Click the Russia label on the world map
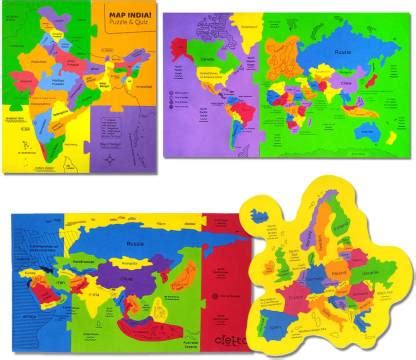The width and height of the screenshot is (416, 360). pos(344,47)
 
